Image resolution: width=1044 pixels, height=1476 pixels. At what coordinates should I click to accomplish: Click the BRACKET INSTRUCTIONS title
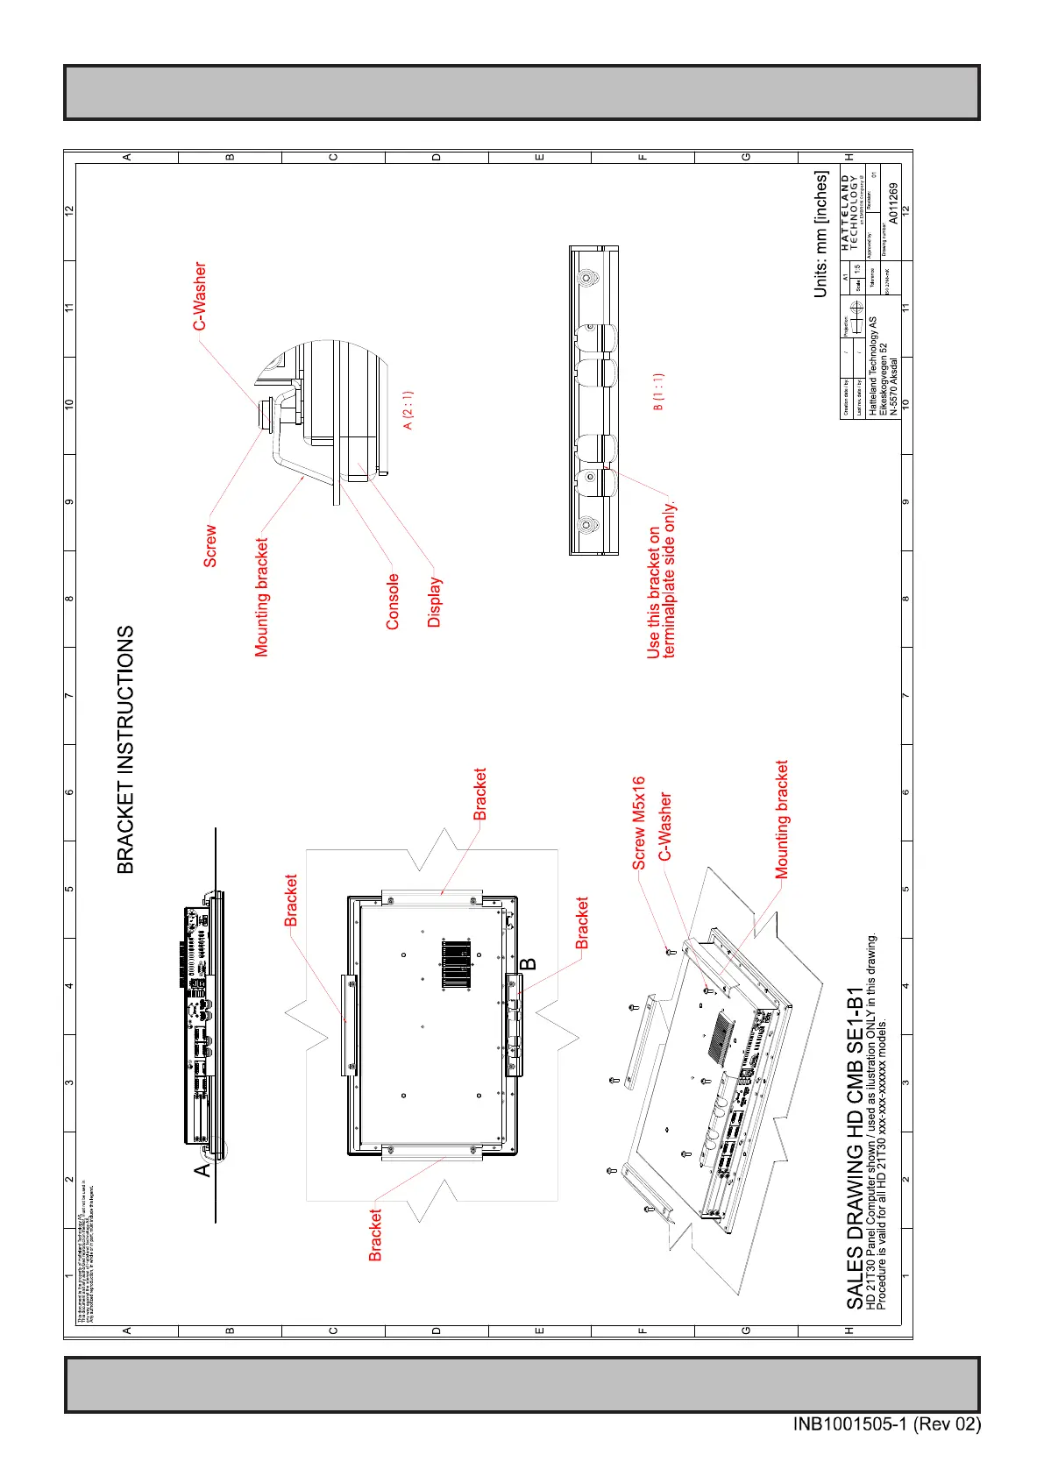(x=126, y=749)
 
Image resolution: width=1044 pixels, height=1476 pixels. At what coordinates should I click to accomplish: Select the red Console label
(x=393, y=601)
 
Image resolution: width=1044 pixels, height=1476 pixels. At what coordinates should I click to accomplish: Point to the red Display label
(x=435, y=602)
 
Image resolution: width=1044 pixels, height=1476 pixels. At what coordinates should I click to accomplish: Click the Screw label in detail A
(x=210, y=545)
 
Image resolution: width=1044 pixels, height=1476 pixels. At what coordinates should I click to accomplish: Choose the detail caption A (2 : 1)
(x=408, y=409)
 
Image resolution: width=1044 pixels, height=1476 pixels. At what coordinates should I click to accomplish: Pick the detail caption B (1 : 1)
(x=659, y=391)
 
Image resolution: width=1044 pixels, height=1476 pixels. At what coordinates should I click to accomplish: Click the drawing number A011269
(x=892, y=203)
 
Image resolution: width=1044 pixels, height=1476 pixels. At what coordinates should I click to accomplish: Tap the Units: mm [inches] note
(x=820, y=234)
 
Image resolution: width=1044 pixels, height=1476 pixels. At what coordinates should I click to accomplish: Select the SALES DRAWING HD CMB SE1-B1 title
(x=856, y=1148)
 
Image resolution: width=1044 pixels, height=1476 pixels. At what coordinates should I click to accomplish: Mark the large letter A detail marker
(x=202, y=1169)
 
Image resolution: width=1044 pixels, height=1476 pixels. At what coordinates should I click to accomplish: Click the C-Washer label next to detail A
(x=200, y=296)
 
